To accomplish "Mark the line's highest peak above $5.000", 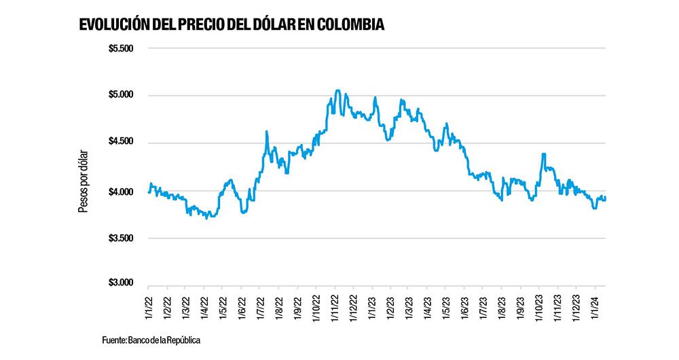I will (337, 90).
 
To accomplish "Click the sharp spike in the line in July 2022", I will (267, 132).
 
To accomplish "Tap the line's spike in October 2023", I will (544, 154).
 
